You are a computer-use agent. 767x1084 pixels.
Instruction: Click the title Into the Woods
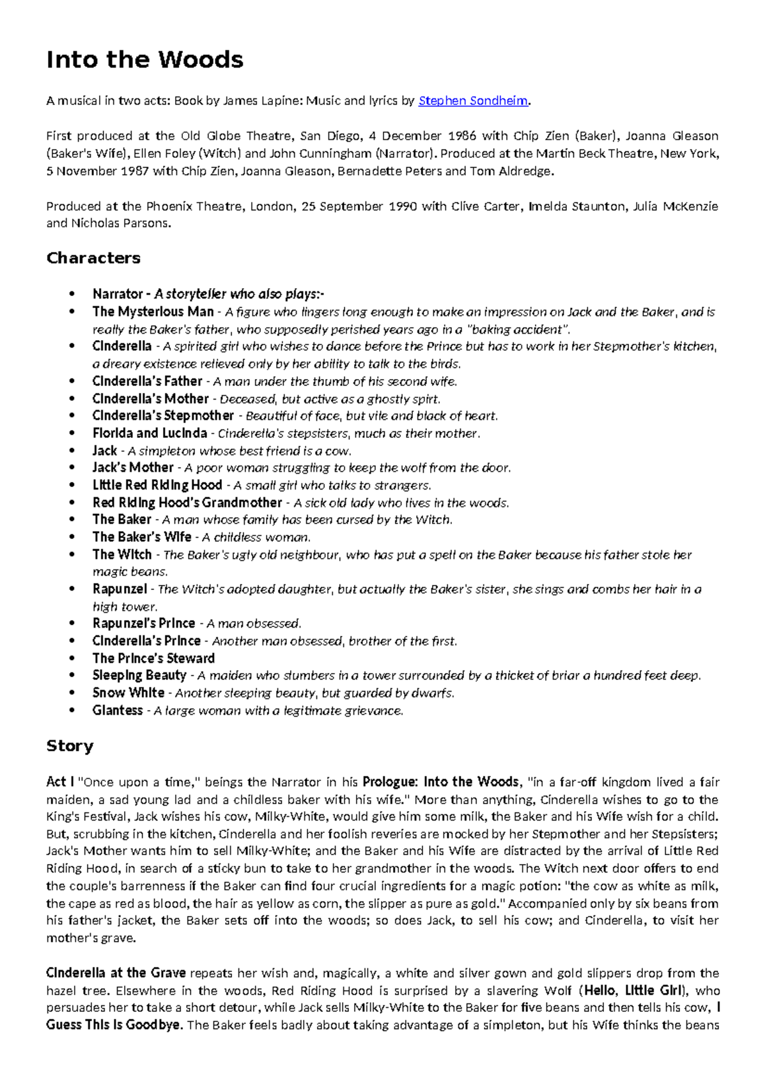(144, 60)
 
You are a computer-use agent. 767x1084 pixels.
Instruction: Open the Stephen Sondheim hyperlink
(473, 101)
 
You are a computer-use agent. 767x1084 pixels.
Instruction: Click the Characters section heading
(93, 258)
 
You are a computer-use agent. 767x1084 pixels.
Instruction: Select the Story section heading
(70, 747)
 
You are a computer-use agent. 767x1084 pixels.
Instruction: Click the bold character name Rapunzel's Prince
(144, 624)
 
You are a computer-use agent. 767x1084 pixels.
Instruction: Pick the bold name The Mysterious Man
(153, 312)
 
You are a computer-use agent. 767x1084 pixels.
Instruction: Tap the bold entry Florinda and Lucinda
(150, 433)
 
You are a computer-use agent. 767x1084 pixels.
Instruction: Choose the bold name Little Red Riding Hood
(157, 485)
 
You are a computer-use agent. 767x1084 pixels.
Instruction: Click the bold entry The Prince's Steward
(153, 658)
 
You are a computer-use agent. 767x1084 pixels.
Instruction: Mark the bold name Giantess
(118, 711)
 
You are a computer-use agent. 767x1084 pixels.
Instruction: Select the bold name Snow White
(128, 693)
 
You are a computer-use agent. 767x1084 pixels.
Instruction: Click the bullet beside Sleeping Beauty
(74, 676)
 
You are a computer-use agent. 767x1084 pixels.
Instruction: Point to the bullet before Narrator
(74, 295)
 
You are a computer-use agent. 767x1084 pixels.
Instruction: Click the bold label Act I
(60, 782)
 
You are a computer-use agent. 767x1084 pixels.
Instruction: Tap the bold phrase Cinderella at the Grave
(116, 973)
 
